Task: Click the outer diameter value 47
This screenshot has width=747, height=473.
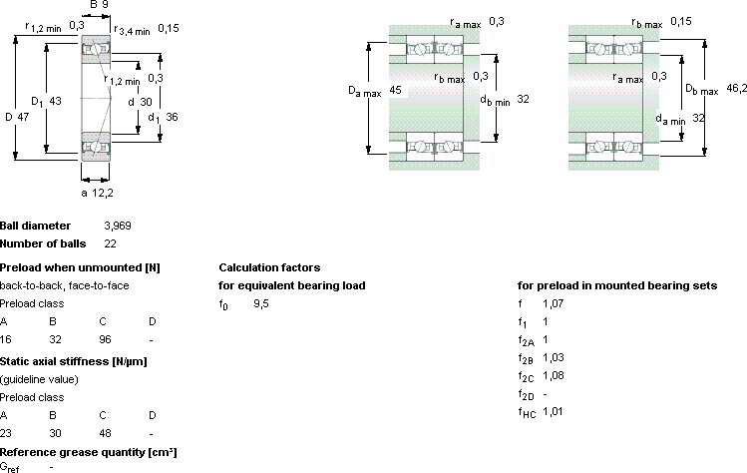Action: point(23,117)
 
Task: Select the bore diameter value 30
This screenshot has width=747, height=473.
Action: point(147,102)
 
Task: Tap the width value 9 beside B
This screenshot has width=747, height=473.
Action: point(106,5)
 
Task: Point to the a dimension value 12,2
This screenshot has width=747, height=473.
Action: point(104,193)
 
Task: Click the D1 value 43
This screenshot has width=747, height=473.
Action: point(55,101)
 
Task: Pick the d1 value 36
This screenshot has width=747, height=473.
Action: point(172,117)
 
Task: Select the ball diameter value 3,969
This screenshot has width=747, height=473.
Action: point(118,226)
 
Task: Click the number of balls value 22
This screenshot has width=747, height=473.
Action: point(110,243)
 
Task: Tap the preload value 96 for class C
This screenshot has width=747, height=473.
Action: point(105,339)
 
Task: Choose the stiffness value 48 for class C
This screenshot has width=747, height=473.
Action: point(105,433)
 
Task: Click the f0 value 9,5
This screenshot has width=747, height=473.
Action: point(261,303)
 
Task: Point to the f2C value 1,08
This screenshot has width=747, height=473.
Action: point(554,376)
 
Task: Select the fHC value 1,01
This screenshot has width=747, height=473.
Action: point(553,411)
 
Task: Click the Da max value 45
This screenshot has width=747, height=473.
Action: point(395,90)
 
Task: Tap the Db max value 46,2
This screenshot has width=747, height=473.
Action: point(736,88)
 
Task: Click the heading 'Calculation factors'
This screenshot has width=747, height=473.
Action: point(269,267)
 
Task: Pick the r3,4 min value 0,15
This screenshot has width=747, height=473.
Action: point(169,28)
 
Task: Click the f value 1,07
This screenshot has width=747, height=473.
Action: point(553,303)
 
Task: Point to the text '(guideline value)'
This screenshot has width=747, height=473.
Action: point(39,379)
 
